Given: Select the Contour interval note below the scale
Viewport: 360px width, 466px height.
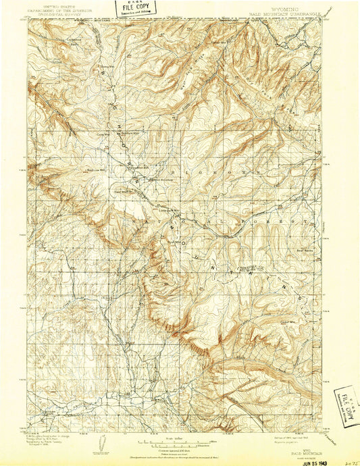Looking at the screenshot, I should click(178, 449).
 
